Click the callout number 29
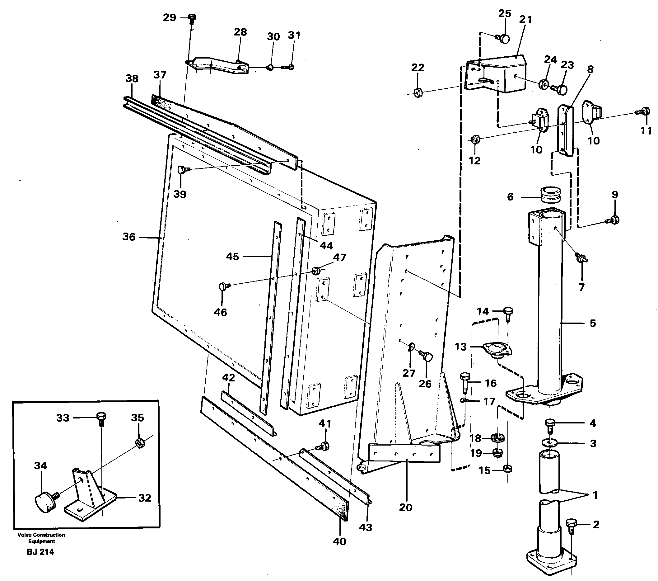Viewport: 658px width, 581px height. coord(169,17)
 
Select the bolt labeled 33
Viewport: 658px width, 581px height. coord(101,418)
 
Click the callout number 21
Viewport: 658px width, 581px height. coord(526,19)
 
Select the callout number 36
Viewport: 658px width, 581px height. coord(129,237)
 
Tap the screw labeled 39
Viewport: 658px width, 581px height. coord(183,169)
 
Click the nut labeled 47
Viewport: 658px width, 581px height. coord(316,270)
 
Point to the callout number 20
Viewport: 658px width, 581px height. coord(406,507)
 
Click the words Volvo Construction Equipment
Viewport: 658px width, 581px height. coord(41,538)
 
